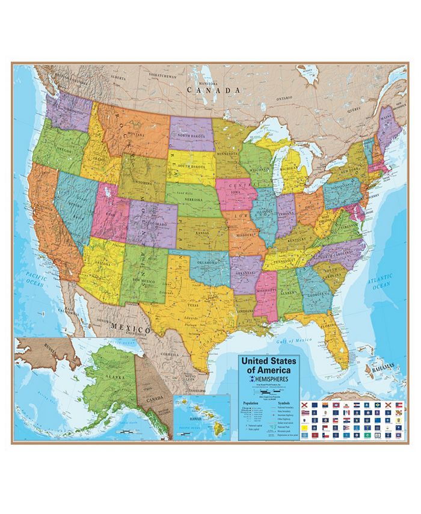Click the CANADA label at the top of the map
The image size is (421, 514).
(x=214, y=90)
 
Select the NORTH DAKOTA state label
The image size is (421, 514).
(x=191, y=136)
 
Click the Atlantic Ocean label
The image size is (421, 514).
(x=381, y=283)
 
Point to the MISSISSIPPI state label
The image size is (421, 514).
(x=265, y=290)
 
